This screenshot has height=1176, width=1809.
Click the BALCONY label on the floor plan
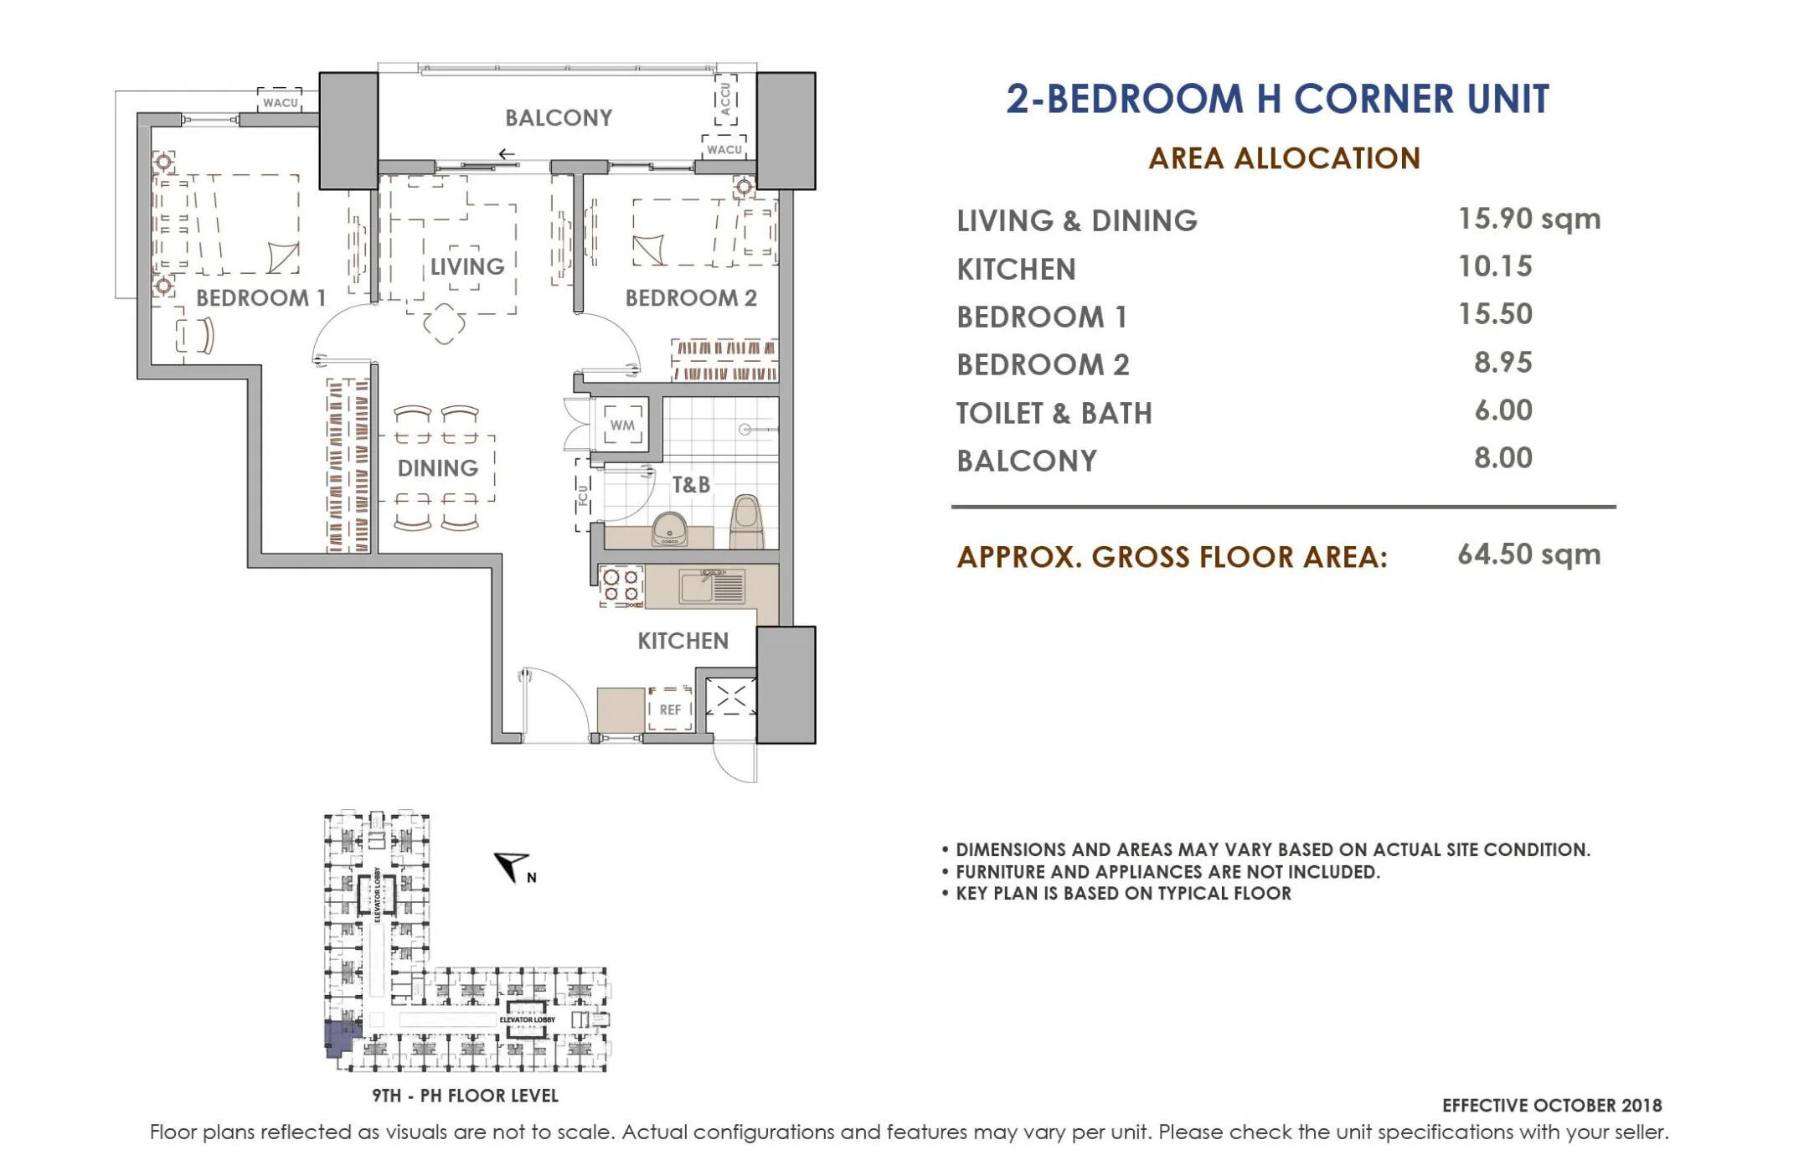pyautogui.click(x=559, y=118)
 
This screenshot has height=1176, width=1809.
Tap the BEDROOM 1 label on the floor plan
pyautogui.click(x=260, y=298)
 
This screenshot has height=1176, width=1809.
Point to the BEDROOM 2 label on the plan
pyautogui.click(x=691, y=298)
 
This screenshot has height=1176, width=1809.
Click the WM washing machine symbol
pyautogui.click(x=622, y=425)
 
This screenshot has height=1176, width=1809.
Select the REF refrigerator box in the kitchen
pyautogui.click(x=670, y=709)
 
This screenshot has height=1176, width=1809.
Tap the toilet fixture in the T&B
pyautogui.click(x=746, y=522)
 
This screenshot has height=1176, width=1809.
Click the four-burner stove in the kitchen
pyautogui.click(x=621, y=585)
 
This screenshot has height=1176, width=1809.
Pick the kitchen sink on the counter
pyautogui.click(x=712, y=586)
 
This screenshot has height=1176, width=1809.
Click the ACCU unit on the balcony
pyautogui.click(x=725, y=100)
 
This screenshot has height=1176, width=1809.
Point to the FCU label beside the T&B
pyautogui.click(x=583, y=496)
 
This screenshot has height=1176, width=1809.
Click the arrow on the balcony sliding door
pyautogui.click(x=506, y=154)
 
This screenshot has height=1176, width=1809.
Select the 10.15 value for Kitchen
pyautogui.click(x=1495, y=266)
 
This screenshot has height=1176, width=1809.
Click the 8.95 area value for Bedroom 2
pyautogui.click(x=1503, y=363)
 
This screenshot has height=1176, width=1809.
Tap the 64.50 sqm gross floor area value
pyautogui.click(x=1529, y=554)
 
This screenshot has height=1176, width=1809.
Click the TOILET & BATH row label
pyautogui.click(x=1054, y=413)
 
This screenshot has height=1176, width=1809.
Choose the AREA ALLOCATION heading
pyautogui.click(x=1285, y=158)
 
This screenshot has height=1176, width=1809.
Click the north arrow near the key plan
pyautogui.click(x=510, y=865)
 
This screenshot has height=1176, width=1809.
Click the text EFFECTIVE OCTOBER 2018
pyautogui.click(x=1552, y=1106)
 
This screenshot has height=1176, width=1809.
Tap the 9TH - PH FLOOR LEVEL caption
pyautogui.click(x=466, y=1096)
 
